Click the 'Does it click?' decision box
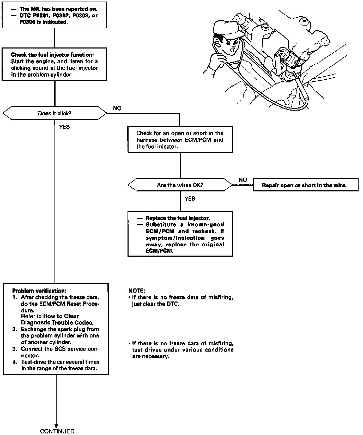pyautogui.click(x=55, y=113)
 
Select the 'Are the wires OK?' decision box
pyautogui.click(x=180, y=185)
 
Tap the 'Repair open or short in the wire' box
pyautogui.click(x=306, y=185)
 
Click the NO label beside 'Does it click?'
pyautogui.click(x=117, y=108)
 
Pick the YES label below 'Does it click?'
pyautogui.click(x=64, y=127)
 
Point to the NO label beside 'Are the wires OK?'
pyautogui.click(x=243, y=180)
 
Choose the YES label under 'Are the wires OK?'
pyautogui.click(x=190, y=199)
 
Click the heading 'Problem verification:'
pyautogui.click(x=39, y=291)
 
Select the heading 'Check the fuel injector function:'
pyautogui.click(x=52, y=55)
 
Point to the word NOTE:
pyautogui.click(x=137, y=291)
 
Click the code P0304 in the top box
pyautogui.click(x=27, y=22)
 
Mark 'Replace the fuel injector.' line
pyautogui.click(x=177, y=218)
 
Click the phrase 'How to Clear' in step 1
pyautogui.click(x=61, y=316)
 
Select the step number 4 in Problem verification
pyautogui.click(x=15, y=362)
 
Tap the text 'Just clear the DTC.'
pyautogui.click(x=155, y=304)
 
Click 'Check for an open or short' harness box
pyautogui.click(x=180, y=140)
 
